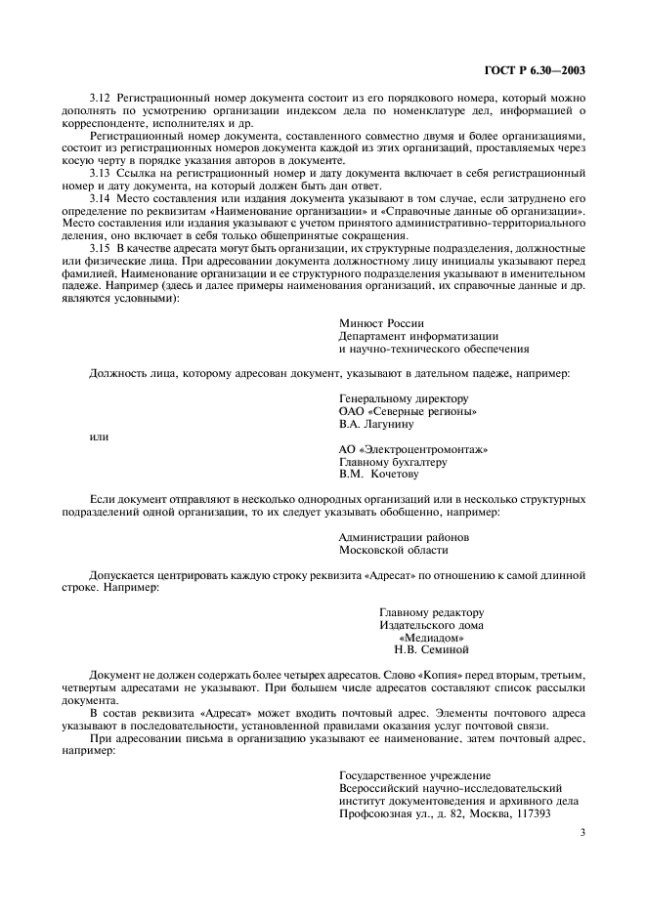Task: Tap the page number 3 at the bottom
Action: (x=582, y=833)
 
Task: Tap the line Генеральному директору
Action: (x=404, y=398)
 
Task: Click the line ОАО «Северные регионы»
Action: (x=408, y=411)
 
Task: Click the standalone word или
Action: (x=99, y=436)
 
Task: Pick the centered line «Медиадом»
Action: (x=431, y=637)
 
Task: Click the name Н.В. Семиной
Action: (x=431, y=649)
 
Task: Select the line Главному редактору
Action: (x=431, y=611)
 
